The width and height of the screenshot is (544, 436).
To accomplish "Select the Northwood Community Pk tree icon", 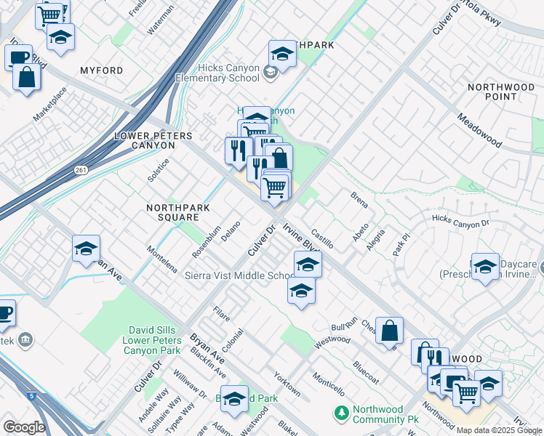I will (x=341, y=413).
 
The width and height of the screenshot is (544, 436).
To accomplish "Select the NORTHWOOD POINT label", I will (x=501, y=92).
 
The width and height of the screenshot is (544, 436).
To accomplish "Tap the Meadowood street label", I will (x=479, y=130).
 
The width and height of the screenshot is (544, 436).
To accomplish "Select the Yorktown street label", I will (x=287, y=384).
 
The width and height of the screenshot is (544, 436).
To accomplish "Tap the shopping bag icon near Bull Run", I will (x=390, y=330).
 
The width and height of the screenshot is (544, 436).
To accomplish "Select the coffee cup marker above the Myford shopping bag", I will (x=18, y=57).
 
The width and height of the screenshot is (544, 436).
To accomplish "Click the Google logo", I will (x=24, y=427).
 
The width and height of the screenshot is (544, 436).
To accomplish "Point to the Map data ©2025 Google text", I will (x=499, y=431).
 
